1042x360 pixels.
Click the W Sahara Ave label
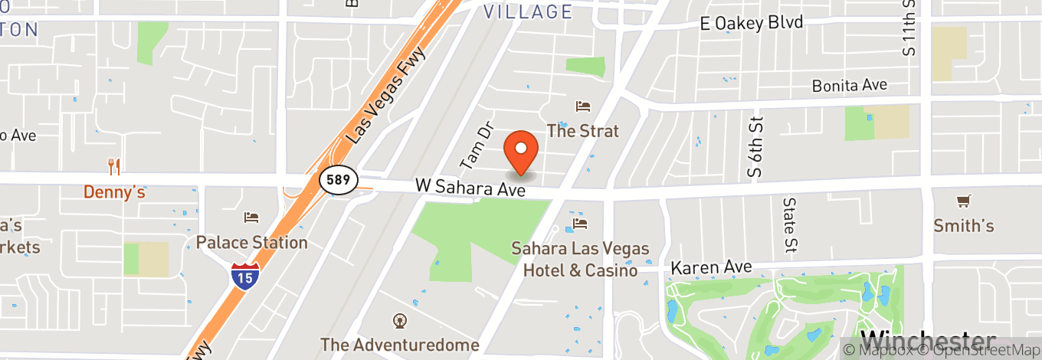coord(470,187)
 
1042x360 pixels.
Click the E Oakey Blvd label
coord(751,23)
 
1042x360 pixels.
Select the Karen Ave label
coord(711,268)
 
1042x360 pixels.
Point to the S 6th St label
coord(756,147)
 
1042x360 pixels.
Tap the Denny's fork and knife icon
coord(114,166)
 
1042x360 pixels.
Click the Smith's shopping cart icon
coord(963,201)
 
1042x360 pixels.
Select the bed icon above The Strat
coord(583,106)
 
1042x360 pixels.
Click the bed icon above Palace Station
coord(251,218)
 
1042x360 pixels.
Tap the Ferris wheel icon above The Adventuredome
coord(399,320)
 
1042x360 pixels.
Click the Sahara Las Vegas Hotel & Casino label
coord(580,260)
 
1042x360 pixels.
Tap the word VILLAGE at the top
coord(529,11)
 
